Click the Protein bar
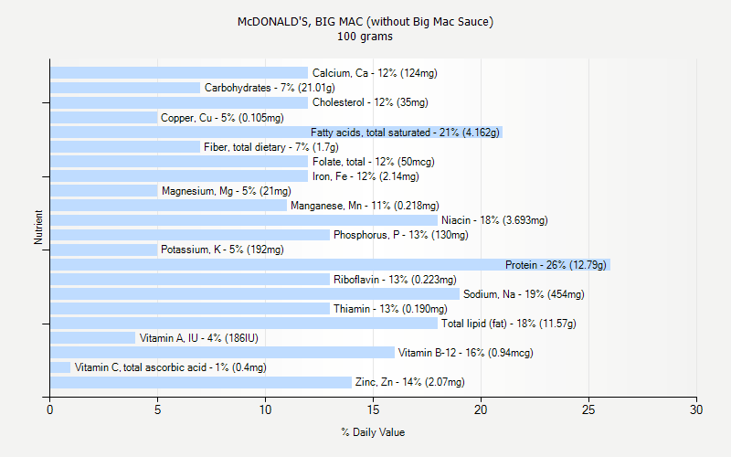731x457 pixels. click(329, 265)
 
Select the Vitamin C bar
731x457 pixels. click(60, 367)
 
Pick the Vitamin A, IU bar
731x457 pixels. click(92, 338)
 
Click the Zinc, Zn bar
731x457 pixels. click(200, 382)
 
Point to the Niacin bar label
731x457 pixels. click(494, 220)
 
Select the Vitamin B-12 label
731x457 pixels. click(465, 353)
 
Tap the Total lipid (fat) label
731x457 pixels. click(508, 324)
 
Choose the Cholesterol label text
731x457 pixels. click(369, 102)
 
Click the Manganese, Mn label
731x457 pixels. click(365, 206)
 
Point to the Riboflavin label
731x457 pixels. click(395, 280)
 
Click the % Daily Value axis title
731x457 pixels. click(373, 432)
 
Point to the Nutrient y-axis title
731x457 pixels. click(38, 228)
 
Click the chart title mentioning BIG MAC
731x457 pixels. click(365, 22)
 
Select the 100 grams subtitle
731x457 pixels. click(365, 37)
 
